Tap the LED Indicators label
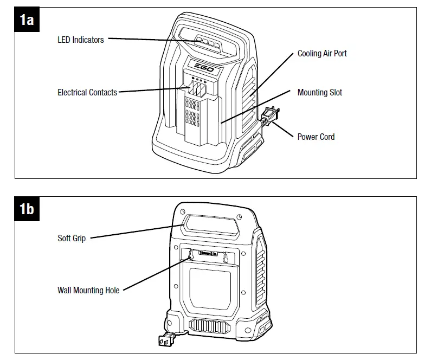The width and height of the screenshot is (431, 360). [x=81, y=40]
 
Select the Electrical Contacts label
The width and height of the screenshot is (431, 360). [x=87, y=93]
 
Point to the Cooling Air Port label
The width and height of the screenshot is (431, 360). [x=322, y=54]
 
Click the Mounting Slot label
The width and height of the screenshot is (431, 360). [x=320, y=93]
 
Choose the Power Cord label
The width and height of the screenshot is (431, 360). [x=316, y=137]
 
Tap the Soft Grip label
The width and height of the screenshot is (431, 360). [x=72, y=238]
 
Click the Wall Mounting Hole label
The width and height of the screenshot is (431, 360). [x=88, y=291]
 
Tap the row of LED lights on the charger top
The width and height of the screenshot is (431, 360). [x=207, y=42]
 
